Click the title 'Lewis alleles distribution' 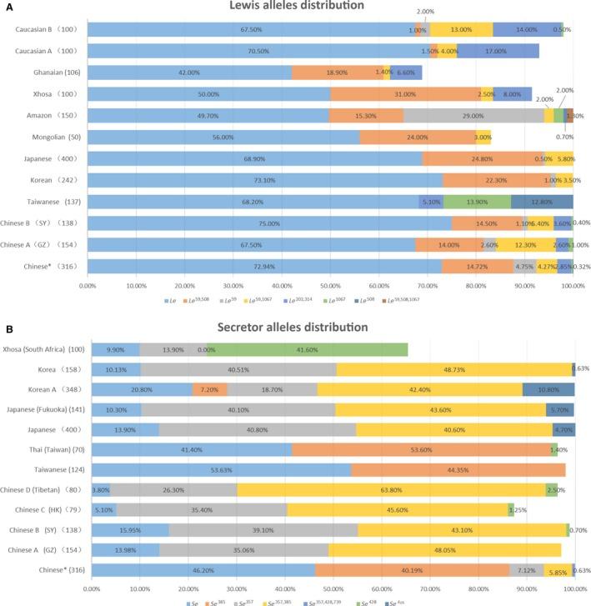pyautogui.click(x=328, y=7)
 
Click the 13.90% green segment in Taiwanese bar pyautogui.click(x=477, y=202)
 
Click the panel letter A pyautogui.click(x=7, y=5)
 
